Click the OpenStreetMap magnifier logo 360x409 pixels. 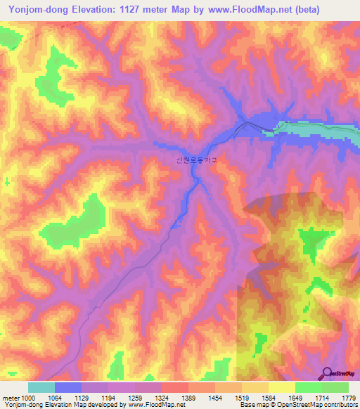[328, 374]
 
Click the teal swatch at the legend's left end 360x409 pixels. [41, 387]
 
